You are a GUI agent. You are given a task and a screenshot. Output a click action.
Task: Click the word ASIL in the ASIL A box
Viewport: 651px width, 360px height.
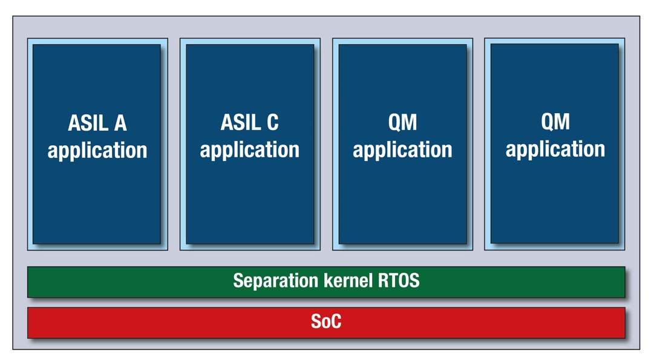click(88, 123)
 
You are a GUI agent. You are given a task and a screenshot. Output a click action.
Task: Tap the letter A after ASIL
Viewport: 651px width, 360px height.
click(120, 123)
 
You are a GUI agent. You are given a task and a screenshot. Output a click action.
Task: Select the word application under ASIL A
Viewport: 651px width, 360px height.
click(97, 150)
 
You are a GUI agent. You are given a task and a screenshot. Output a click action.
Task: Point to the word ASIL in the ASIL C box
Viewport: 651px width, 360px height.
click(241, 122)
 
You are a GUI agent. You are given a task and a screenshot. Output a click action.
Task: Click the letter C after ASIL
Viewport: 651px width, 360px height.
click(273, 122)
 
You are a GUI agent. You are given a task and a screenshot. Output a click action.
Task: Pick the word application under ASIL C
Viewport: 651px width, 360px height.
click(249, 149)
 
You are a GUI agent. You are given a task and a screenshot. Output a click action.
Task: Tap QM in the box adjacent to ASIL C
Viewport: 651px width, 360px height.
click(402, 122)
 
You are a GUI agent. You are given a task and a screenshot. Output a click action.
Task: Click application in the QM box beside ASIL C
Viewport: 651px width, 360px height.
click(402, 149)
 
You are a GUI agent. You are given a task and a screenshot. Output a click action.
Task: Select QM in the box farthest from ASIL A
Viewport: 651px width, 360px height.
click(555, 121)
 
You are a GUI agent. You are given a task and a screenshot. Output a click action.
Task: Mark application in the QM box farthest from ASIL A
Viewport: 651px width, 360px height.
click(555, 149)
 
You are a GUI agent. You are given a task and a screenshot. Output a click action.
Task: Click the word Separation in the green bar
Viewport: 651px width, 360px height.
click(276, 281)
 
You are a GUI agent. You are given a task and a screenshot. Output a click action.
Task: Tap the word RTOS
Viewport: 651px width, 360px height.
click(399, 280)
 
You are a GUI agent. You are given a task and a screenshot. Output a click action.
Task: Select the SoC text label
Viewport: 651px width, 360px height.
click(326, 321)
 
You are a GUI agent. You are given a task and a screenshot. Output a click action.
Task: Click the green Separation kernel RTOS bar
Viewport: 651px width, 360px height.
click(326, 282)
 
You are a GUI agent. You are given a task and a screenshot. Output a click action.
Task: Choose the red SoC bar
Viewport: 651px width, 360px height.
click(326, 322)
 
